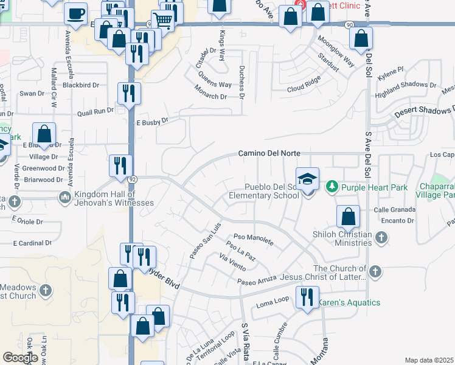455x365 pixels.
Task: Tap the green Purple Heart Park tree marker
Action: tap(332, 185)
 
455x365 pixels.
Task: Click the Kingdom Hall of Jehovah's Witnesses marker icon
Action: tap(65, 198)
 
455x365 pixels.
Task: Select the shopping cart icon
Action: tap(162, 21)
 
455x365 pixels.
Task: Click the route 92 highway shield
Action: tap(132, 179)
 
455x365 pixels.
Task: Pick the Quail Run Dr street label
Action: tap(96, 111)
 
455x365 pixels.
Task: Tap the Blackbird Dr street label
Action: tap(81, 85)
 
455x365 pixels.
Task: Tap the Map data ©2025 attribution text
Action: tap(429, 360)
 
